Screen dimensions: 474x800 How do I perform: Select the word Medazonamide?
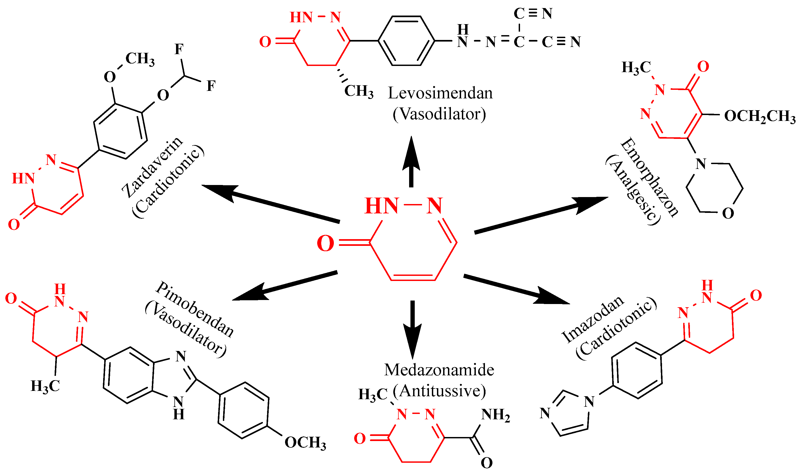point(439,370)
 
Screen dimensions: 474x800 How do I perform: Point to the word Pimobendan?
point(195,309)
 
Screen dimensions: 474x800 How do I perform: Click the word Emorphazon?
point(649,177)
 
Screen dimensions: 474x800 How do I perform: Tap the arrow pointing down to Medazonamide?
point(412,329)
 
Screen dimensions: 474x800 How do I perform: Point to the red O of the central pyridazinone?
point(325,244)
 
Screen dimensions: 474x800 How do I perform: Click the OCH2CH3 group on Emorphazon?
point(760,116)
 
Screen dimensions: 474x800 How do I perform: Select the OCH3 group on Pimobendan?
point(305,443)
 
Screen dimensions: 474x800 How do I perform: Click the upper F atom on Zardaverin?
point(179,49)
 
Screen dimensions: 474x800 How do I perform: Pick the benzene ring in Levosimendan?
point(406,41)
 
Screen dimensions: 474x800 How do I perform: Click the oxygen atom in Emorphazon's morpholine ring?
point(728,213)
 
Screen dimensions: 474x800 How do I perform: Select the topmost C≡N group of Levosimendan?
point(533,14)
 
